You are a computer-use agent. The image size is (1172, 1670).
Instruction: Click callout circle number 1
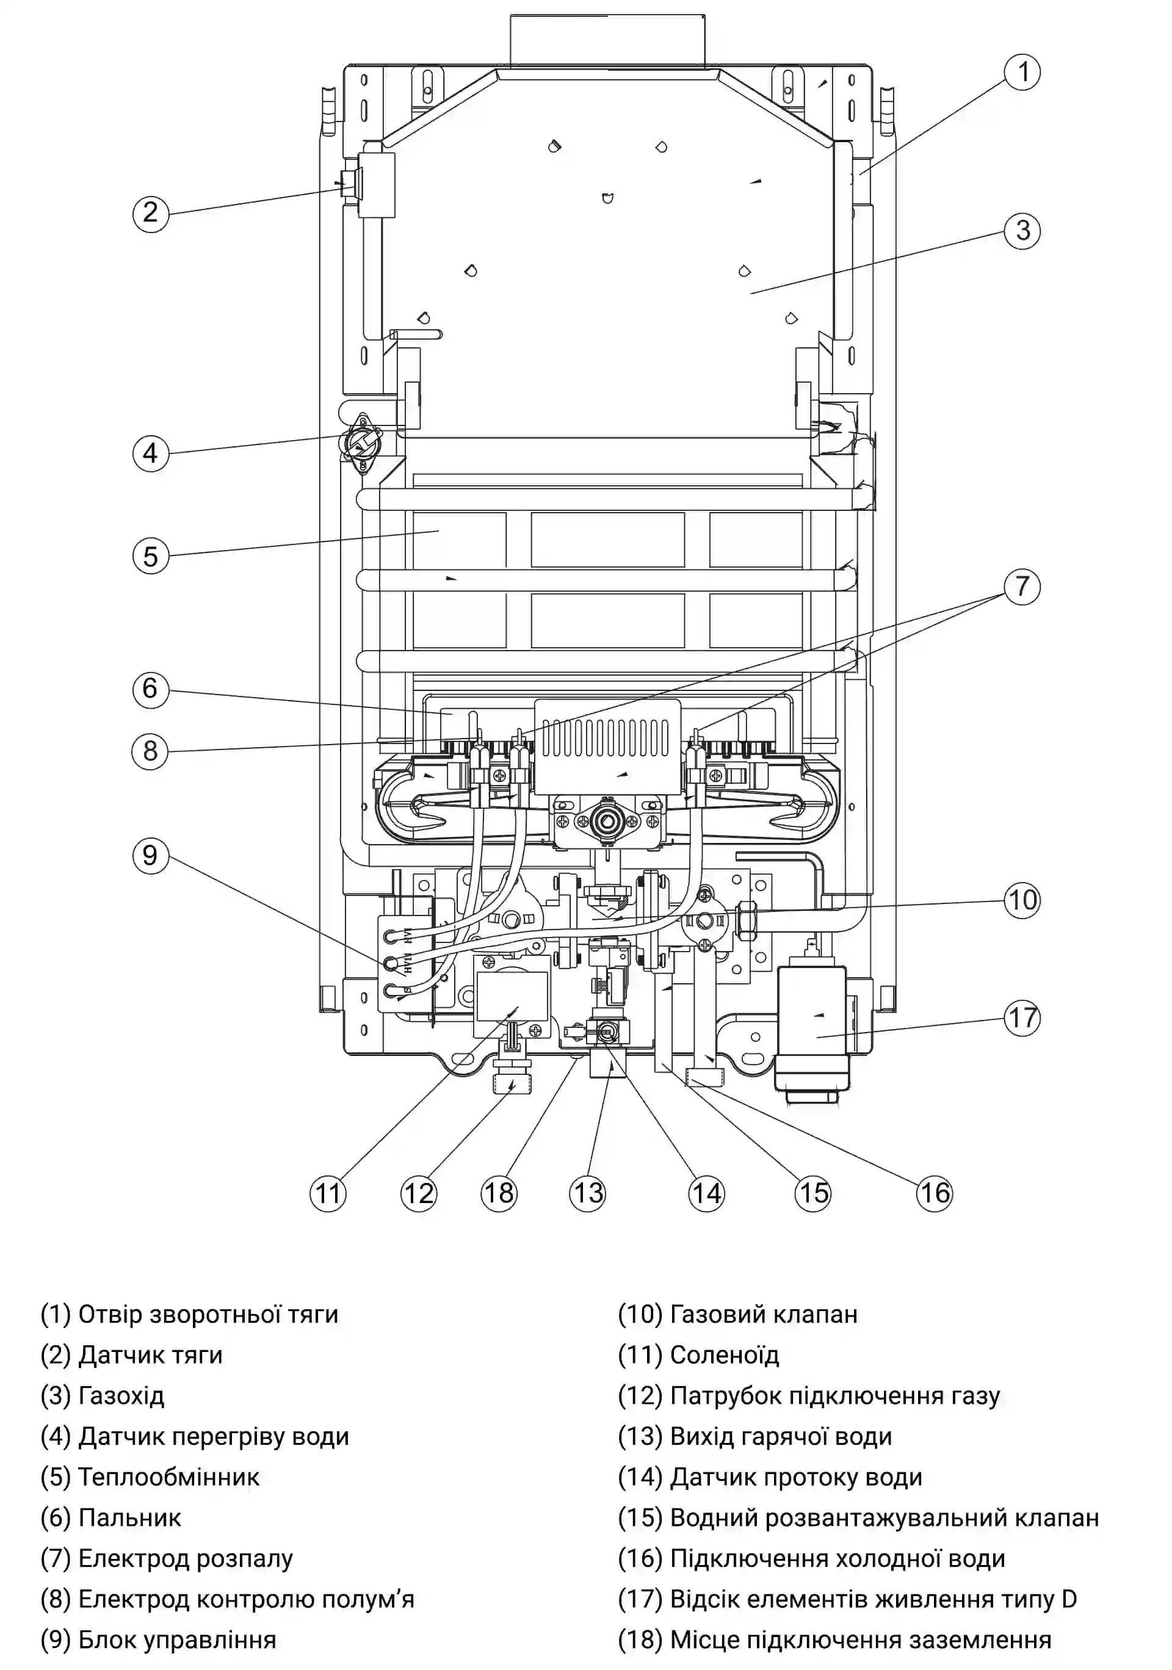point(1022,72)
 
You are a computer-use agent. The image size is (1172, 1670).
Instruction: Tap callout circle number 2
point(151,213)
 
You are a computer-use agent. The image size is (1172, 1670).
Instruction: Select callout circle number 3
point(1022,231)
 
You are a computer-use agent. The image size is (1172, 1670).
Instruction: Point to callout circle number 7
point(1022,586)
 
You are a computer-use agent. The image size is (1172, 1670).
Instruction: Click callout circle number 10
point(1022,900)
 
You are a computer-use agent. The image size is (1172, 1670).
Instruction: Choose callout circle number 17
point(1022,1018)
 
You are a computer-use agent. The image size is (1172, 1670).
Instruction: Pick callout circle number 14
point(706,1193)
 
